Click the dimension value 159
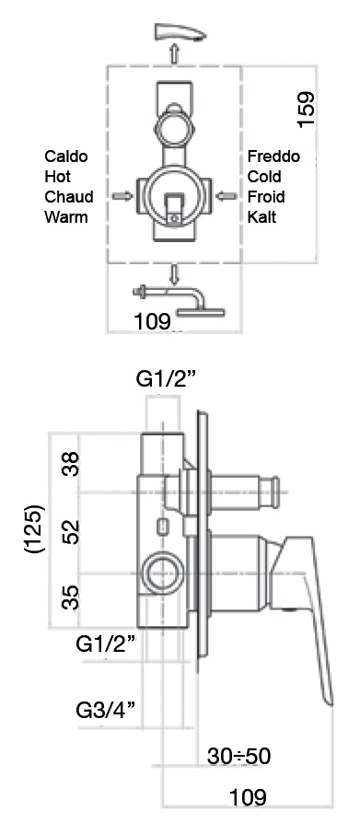307,110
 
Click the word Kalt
262,216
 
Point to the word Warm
66,216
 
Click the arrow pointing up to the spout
174,52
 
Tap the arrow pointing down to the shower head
174,274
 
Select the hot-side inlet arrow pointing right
122,196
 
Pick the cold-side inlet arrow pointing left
226,196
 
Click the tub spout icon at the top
179,33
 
